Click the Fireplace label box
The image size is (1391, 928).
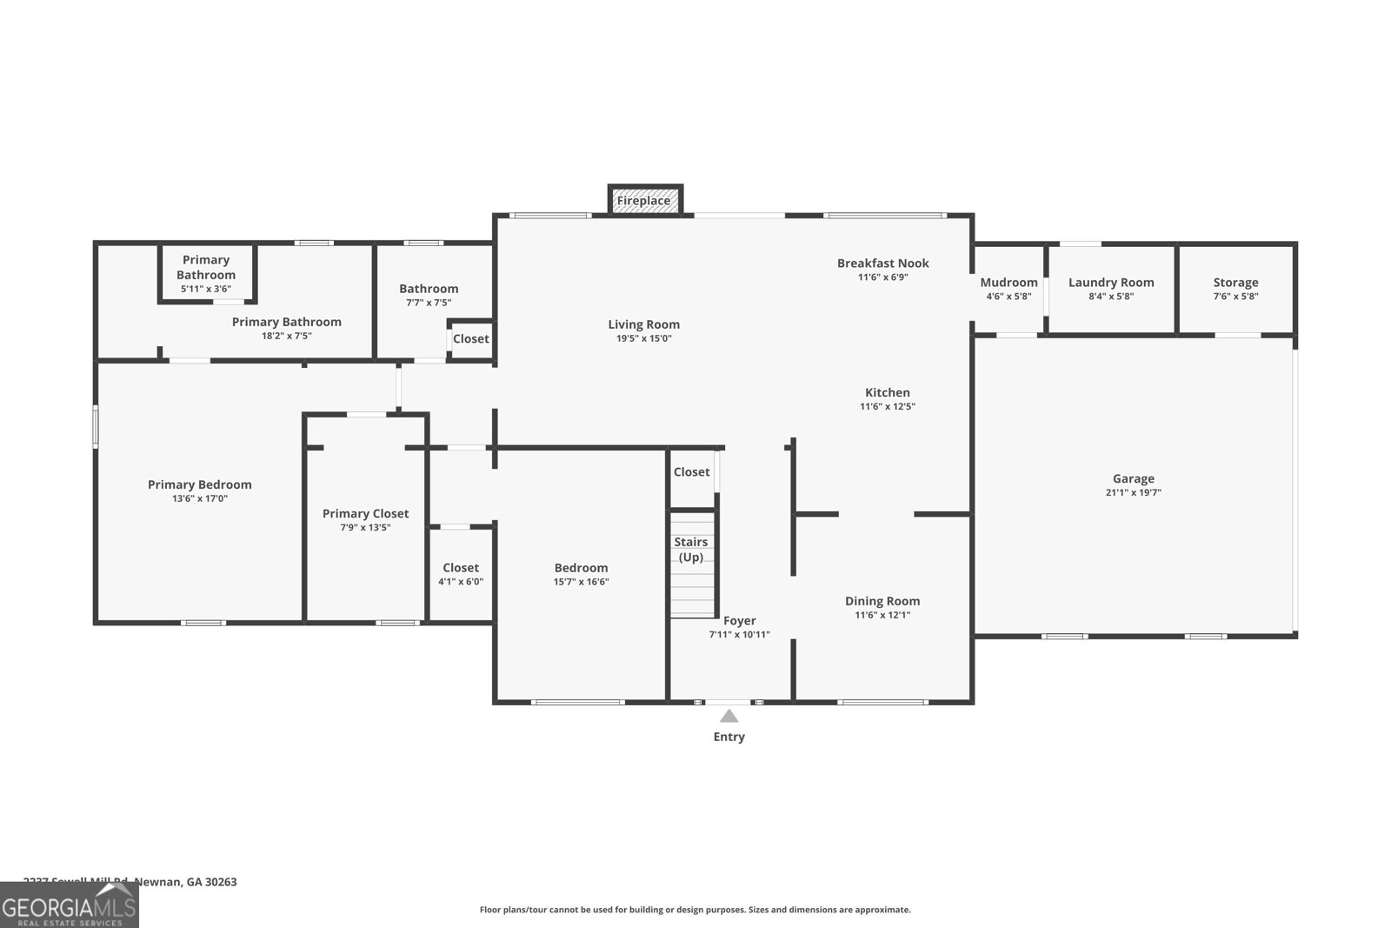click(x=644, y=201)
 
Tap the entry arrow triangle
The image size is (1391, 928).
click(x=729, y=717)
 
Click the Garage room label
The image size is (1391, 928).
click(x=1134, y=478)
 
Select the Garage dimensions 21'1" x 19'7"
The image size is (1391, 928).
click(x=1134, y=493)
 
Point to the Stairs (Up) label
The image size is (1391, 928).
click(x=691, y=550)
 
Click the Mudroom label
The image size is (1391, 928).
click(x=1008, y=283)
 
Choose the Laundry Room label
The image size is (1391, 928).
click(x=1111, y=283)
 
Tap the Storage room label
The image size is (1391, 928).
click(x=1235, y=283)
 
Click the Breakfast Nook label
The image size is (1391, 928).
click(x=882, y=263)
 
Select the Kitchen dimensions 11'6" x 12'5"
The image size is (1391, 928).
click(x=888, y=406)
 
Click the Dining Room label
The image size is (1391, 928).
click(x=882, y=601)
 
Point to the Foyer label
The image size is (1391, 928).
click(x=740, y=621)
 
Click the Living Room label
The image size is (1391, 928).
click(x=643, y=324)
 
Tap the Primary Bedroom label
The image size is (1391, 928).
click(x=199, y=484)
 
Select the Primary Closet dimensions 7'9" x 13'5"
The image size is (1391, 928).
click(x=365, y=528)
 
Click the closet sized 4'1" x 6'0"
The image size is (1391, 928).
click(x=461, y=574)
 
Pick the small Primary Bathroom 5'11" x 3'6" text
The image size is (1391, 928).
click(x=206, y=289)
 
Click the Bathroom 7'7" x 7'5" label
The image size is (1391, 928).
click(x=429, y=295)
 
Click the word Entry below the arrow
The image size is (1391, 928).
click(x=729, y=737)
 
